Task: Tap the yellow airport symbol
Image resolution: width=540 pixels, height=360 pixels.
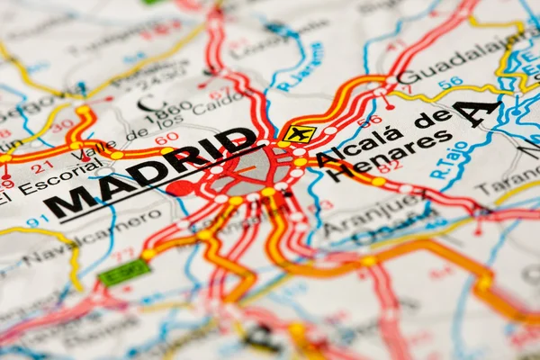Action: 299,134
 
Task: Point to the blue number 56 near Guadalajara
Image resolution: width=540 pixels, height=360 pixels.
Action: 450,83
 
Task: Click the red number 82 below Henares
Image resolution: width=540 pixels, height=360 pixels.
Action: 389,166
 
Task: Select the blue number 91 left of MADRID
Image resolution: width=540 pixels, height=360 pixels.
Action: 37,220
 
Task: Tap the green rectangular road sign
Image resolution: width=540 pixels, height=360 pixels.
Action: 123,272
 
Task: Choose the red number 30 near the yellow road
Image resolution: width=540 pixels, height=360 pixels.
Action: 61,126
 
